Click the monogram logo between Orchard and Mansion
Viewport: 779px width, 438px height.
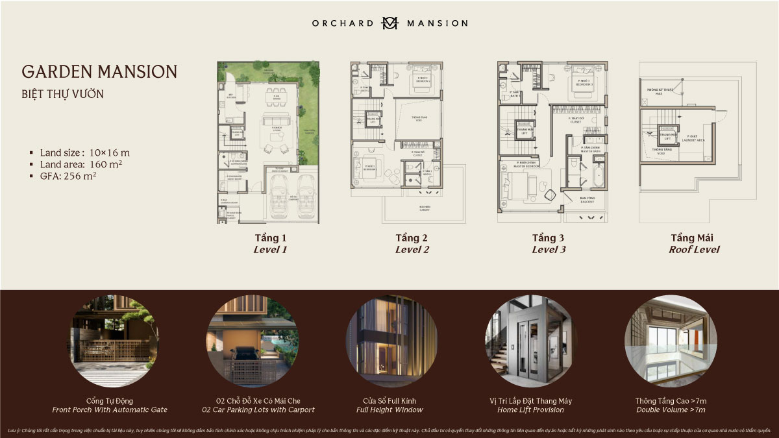click(389, 23)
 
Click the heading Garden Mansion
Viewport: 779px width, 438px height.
click(99, 71)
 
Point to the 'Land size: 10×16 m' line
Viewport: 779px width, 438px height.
click(84, 152)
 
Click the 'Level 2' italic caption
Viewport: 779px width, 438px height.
click(412, 249)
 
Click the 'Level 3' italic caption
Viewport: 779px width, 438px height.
click(549, 249)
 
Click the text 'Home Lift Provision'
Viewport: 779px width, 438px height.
click(531, 409)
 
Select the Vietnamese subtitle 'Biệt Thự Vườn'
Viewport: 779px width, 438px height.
click(62, 94)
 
